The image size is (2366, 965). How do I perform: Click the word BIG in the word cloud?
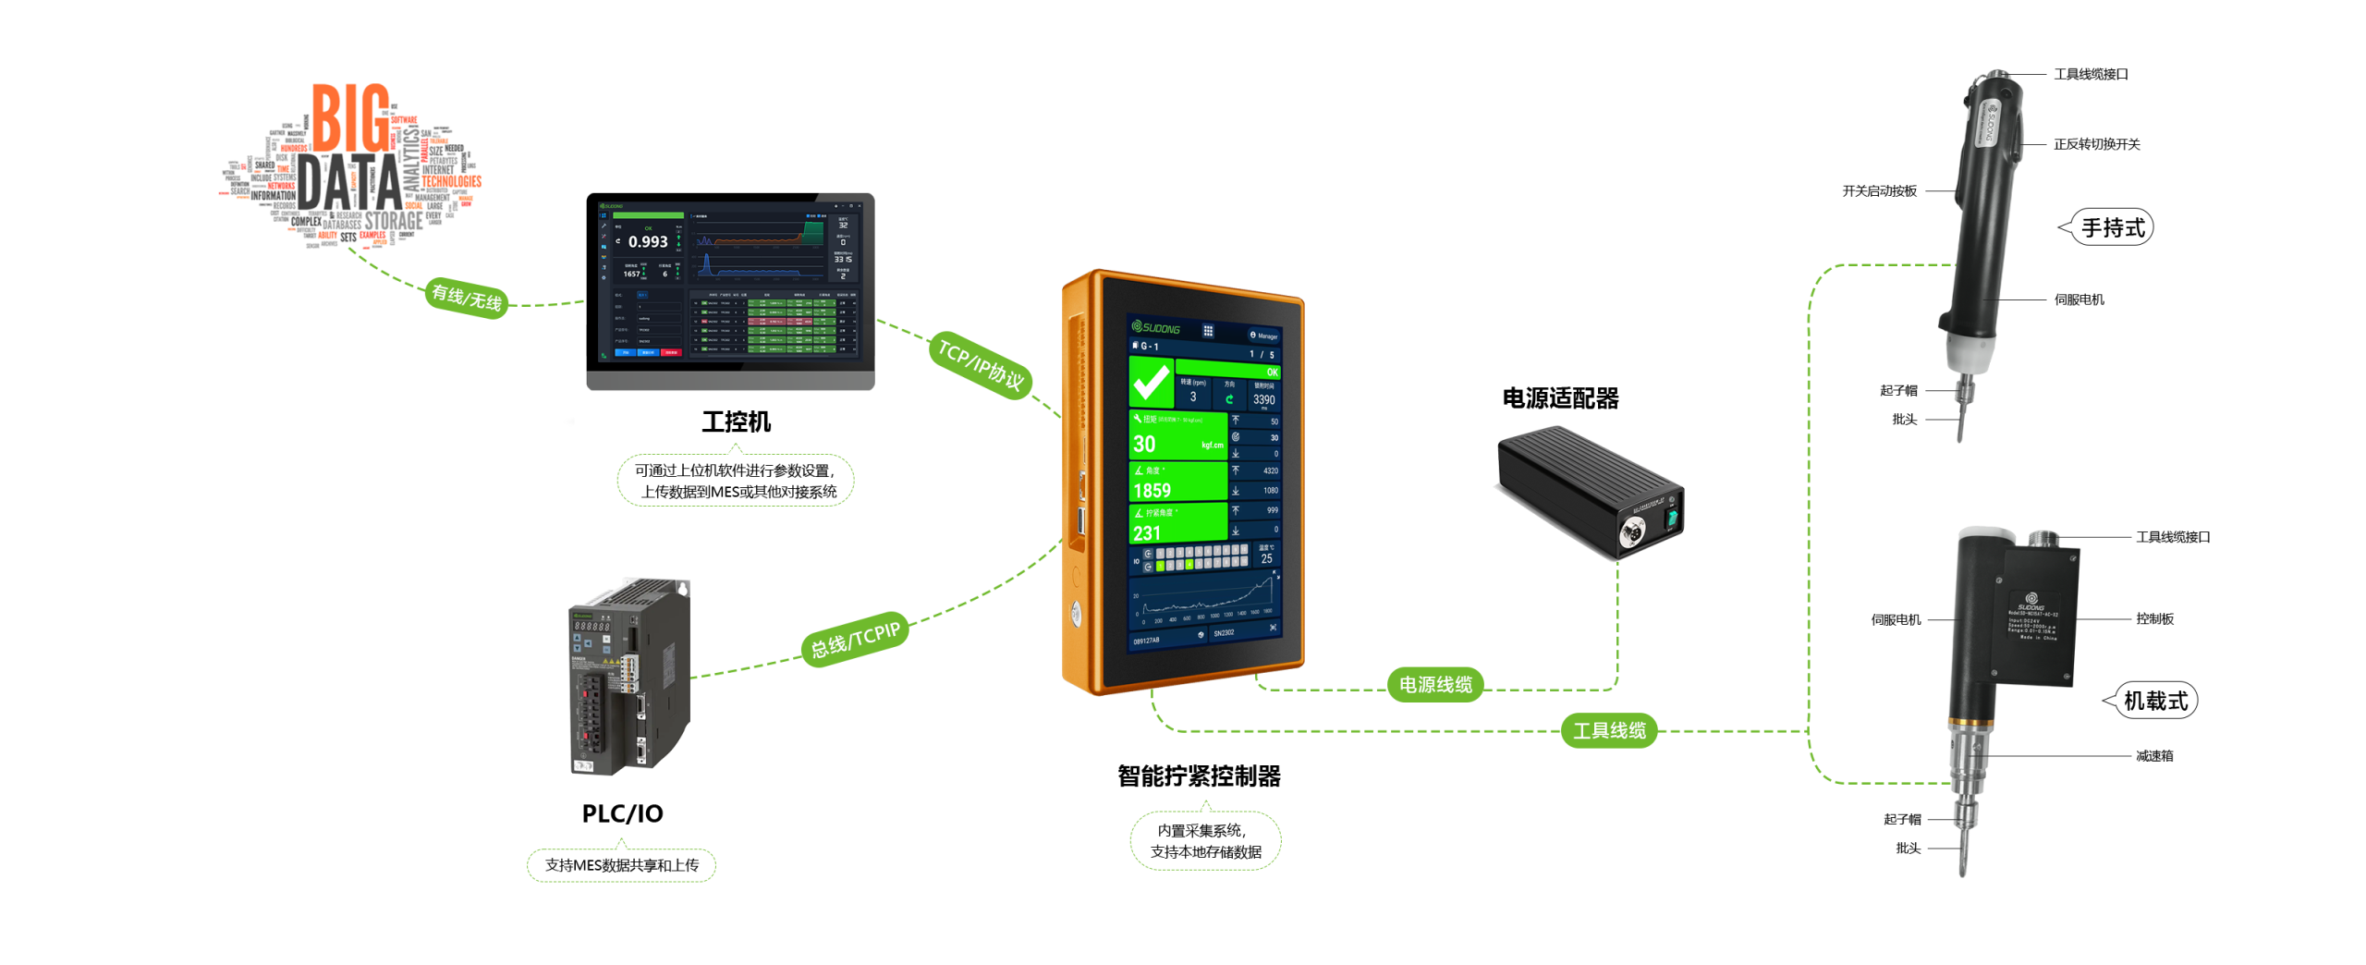[x=350, y=118]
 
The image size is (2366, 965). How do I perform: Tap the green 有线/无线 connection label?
[x=467, y=298]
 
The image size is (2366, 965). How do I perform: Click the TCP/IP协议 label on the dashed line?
[x=980, y=364]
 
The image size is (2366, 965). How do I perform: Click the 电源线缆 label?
[x=1435, y=685]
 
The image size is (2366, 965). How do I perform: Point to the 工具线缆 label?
[x=1609, y=731]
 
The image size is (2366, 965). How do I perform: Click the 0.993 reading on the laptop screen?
[x=648, y=242]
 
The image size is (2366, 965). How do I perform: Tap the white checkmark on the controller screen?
[x=1152, y=383]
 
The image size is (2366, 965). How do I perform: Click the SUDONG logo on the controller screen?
[x=1156, y=327]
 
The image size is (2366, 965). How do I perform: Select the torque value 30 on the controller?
[x=1145, y=445]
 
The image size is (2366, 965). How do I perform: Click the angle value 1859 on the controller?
[x=1152, y=491]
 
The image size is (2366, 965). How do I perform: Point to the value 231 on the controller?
[x=1147, y=533]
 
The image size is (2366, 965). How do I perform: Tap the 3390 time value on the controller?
[x=1263, y=400]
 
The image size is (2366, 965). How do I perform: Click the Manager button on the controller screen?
[x=1263, y=336]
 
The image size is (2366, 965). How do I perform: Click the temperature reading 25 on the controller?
[x=1266, y=559]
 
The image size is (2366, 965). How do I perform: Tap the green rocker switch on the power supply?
[x=1671, y=519]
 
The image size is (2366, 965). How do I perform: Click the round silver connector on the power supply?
[x=1632, y=531]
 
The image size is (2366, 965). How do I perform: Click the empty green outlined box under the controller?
[x=1205, y=840]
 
